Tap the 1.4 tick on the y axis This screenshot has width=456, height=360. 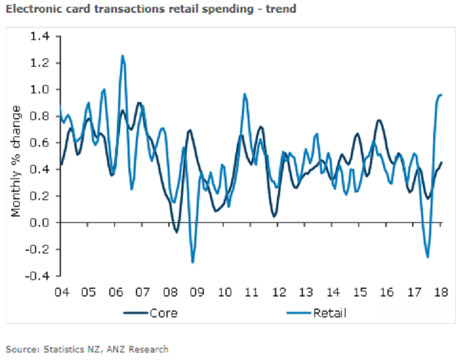(x=40, y=36)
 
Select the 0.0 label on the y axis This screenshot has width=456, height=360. (x=40, y=223)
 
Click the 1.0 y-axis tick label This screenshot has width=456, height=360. (x=40, y=90)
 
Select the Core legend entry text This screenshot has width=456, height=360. (x=163, y=312)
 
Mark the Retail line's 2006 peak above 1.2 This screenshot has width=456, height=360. (x=122, y=55)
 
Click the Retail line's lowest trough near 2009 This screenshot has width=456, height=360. (x=192, y=262)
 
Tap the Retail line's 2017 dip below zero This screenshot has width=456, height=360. (x=427, y=257)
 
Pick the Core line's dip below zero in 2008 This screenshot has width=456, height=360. (x=176, y=232)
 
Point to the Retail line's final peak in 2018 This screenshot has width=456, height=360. (x=439, y=95)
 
